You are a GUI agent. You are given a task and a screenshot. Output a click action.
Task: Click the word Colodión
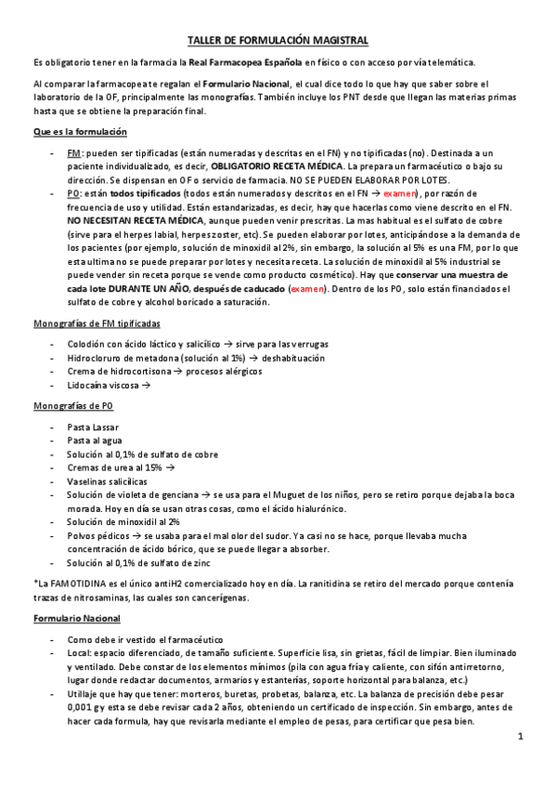pos(86,344)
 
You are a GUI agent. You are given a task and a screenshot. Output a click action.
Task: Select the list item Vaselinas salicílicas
pos(107,482)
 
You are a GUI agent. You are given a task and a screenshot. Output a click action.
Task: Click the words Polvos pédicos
pos(98,536)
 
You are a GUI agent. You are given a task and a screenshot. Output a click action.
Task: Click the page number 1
pos(521,737)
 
